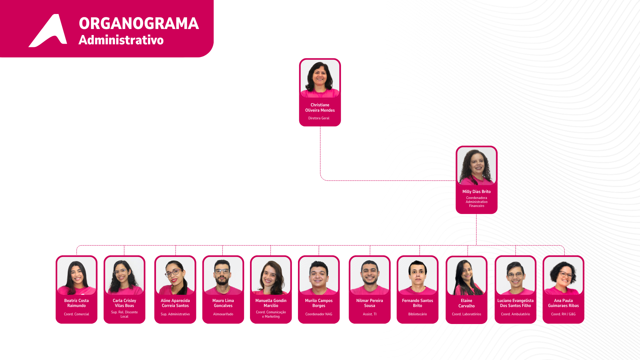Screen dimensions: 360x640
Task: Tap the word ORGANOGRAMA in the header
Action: tap(139, 24)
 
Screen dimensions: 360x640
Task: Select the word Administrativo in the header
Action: tap(121, 40)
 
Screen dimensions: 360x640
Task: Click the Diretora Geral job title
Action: tap(319, 118)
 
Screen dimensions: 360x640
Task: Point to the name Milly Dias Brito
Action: tap(476, 192)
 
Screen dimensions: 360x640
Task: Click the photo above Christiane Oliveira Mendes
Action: tap(320, 79)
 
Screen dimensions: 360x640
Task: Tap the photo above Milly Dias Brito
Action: tap(476, 166)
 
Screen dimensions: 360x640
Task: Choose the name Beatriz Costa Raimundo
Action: tap(76, 303)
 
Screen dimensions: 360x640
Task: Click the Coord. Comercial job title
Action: tap(76, 314)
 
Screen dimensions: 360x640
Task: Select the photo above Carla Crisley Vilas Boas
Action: tap(124, 276)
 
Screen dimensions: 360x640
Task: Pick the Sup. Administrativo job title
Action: tap(175, 314)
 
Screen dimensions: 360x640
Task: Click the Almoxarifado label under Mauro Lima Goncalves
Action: tap(223, 314)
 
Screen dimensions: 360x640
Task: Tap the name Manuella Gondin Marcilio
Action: tap(271, 303)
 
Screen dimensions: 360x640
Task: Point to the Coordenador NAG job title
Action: tap(319, 314)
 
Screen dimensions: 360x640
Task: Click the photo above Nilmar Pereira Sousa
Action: tap(369, 276)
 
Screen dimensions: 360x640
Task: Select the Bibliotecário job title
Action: tap(417, 314)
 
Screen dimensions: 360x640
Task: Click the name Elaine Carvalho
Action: tap(466, 303)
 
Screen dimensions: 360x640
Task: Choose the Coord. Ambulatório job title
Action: tap(515, 314)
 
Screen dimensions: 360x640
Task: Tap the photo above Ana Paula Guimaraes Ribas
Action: tap(563, 276)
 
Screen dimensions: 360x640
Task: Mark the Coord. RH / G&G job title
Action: tap(563, 314)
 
